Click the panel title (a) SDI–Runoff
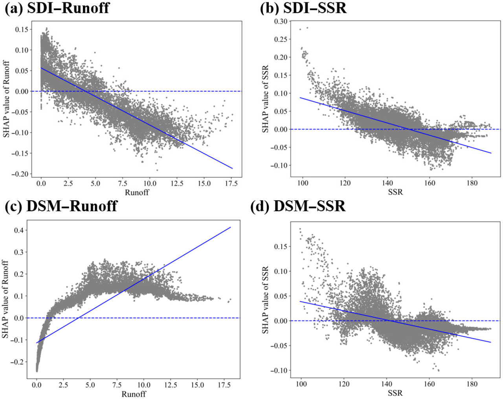tap(57, 8)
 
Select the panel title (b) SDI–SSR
tap(303, 8)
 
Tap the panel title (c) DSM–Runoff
tap(61, 206)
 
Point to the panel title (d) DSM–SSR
tap(298, 206)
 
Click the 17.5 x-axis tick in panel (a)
tap(231, 183)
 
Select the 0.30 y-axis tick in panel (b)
tap(281, 21)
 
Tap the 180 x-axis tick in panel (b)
tap(472, 183)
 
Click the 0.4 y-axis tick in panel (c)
tap(19, 230)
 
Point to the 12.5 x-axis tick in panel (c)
tap(171, 385)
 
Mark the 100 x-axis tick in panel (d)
tap(301, 384)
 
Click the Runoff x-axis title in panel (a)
tap(137, 192)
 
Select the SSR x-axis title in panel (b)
tap(395, 192)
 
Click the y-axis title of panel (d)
tap(266, 300)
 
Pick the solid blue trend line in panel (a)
tap(138, 118)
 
